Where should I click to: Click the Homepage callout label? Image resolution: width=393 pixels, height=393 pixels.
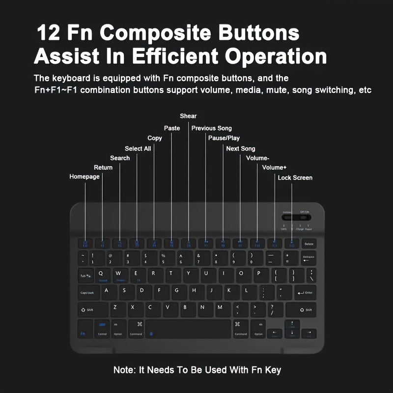tap(84, 176)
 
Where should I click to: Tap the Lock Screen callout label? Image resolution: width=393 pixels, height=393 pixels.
tap(295, 177)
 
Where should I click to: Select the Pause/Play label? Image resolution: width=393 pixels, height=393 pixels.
tap(224, 138)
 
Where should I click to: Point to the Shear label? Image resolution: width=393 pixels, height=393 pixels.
tap(188, 116)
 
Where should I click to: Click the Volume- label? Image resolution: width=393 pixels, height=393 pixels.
tap(257, 158)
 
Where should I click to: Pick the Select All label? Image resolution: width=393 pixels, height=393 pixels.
tap(138, 148)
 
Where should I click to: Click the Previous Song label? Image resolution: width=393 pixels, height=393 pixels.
tap(211, 128)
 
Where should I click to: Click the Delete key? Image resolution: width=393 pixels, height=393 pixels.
tap(309, 244)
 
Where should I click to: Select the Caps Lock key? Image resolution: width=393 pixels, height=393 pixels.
tap(88, 293)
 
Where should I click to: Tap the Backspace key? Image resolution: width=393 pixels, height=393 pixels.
tap(308, 258)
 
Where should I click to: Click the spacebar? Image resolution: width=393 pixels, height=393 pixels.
tap(188, 329)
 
